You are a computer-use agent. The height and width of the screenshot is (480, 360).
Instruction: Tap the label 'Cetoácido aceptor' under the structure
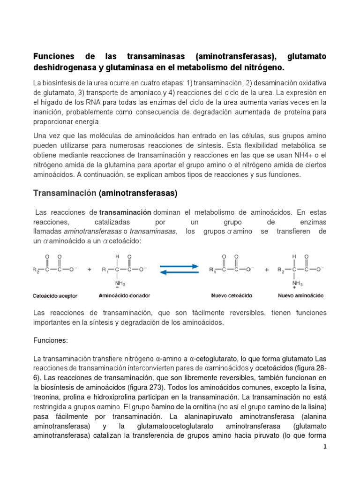point(55,296)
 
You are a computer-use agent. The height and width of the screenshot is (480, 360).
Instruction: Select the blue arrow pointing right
point(179,266)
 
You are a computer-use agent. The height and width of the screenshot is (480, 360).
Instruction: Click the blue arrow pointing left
point(179,273)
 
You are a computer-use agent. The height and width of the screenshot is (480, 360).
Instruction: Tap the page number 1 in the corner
point(324,447)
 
